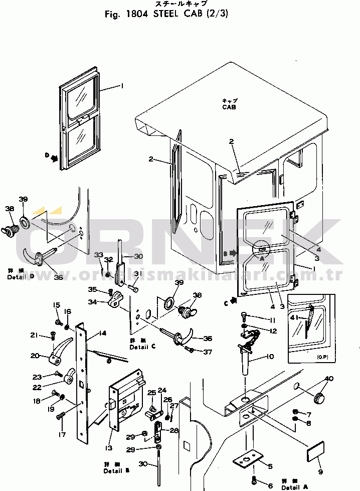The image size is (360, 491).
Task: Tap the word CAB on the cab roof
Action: pyautogui.click(x=229, y=107)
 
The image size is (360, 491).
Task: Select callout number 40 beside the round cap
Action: pyautogui.click(x=329, y=378)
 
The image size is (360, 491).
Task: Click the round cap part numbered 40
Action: pyautogui.click(x=318, y=399)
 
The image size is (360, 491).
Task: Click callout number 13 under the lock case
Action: pyautogui.click(x=109, y=447)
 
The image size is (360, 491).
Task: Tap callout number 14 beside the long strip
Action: pyautogui.click(x=102, y=333)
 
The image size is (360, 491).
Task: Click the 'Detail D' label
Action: pyautogui.click(x=18, y=277)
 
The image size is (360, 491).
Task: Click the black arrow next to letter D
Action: pyautogui.click(x=54, y=157)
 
